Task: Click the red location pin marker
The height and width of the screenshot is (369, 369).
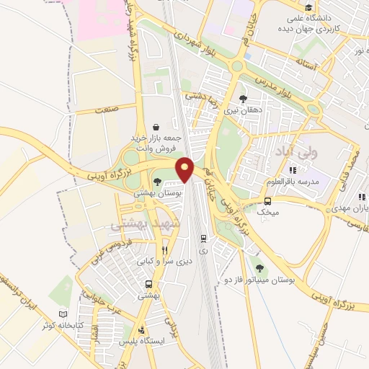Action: tap(186, 170)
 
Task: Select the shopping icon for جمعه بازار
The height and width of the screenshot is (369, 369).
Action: tap(156, 126)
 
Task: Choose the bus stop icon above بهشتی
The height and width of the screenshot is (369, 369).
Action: tap(149, 284)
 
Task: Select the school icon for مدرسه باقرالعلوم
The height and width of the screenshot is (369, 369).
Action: tap(292, 170)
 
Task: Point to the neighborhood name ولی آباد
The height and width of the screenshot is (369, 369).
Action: tap(295, 152)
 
